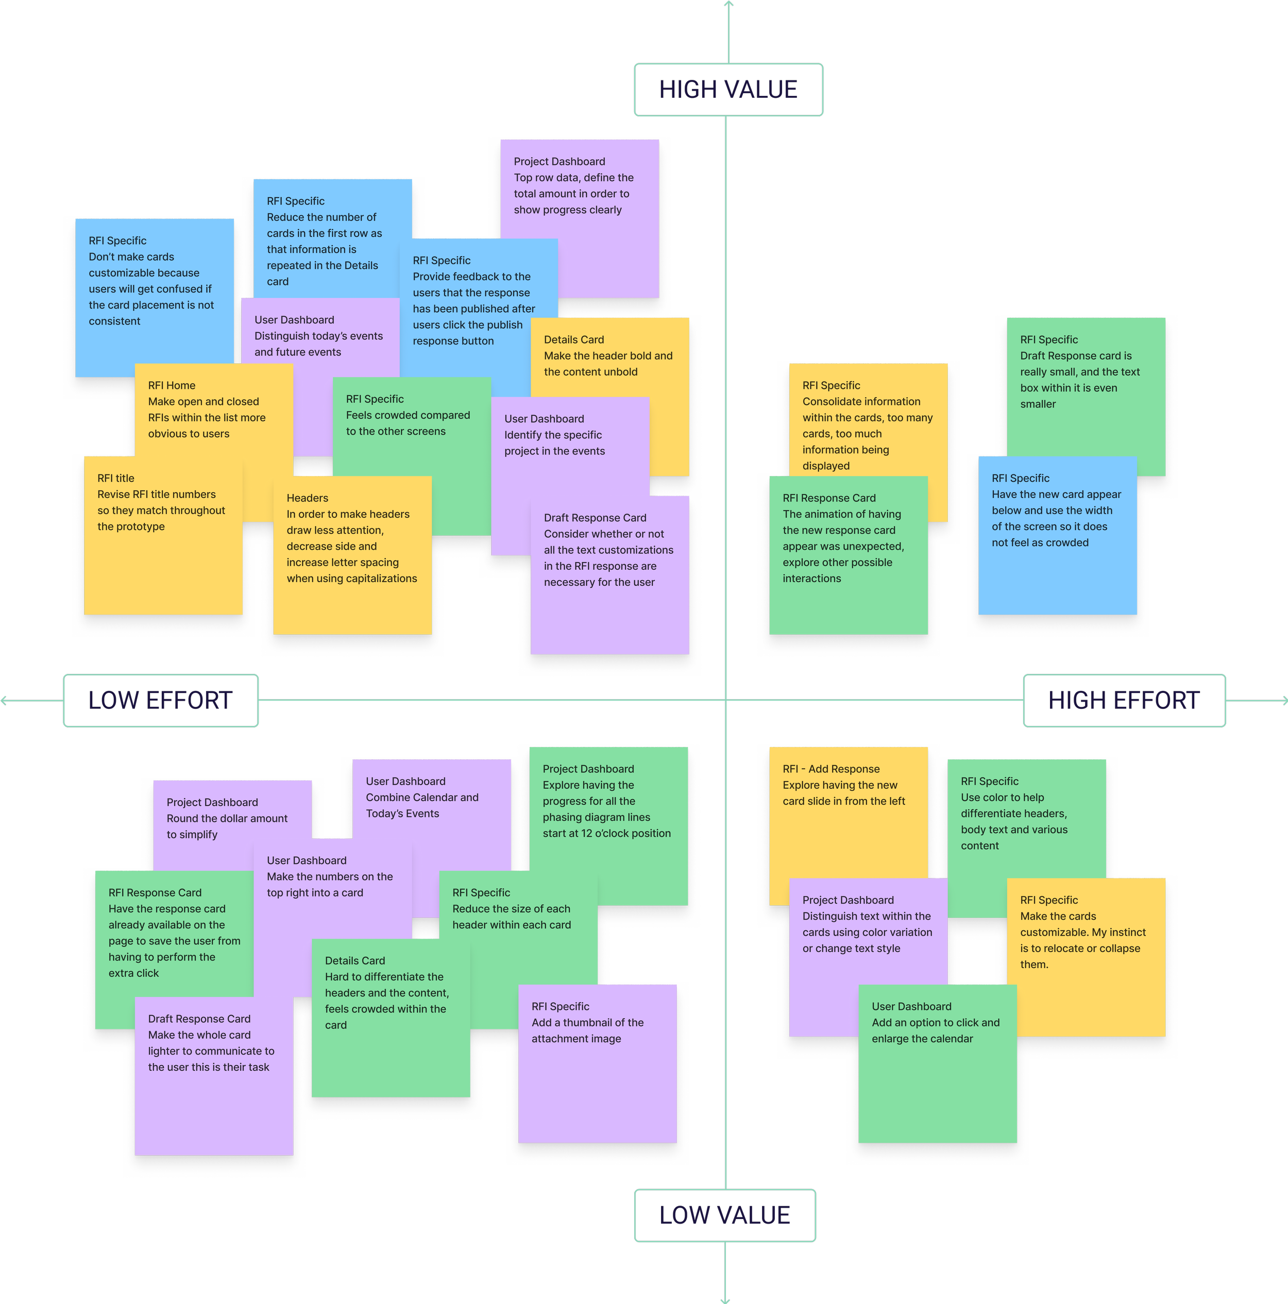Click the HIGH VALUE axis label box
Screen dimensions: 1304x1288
coord(728,90)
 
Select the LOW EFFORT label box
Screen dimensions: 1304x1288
coord(161,701)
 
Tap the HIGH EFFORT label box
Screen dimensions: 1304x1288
coord(1124,701)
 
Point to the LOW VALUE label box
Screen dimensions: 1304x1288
coord(725,1215)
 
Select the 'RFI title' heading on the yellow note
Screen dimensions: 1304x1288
coord(116,478)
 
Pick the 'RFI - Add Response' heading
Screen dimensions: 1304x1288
coord(831,769)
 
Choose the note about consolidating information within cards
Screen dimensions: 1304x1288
coord(868,425)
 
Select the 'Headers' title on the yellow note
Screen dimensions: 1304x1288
coord(307,498)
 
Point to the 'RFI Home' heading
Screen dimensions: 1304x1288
coord(172,385)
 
